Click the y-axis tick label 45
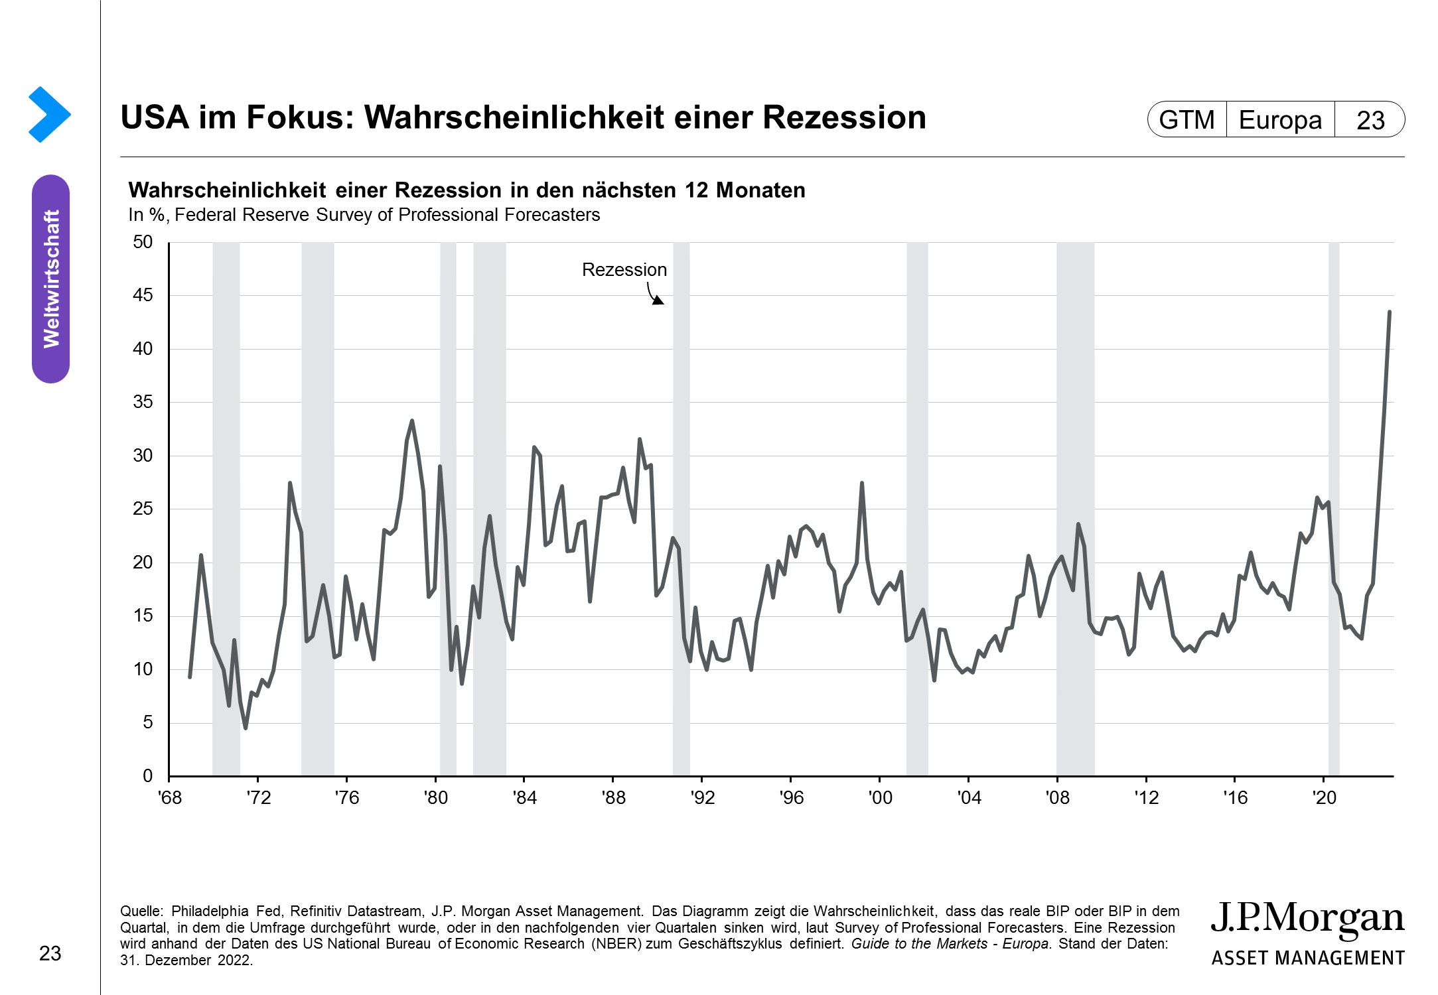pos(143,295)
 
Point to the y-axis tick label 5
pos(147,722)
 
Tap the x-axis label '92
pos(702,797)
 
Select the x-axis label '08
pos(1058,797)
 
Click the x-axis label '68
pos(169,797)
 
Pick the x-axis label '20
pos(1325,797)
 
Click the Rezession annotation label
pos(624,270)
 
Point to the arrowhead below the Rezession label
pos(658,300)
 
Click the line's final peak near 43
pos(1389,312)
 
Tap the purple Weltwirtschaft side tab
pos(51,279)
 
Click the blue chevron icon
pos(49,114)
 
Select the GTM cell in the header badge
pos(1186,120)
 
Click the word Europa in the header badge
pos(1280,120)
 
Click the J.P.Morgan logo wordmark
pos(1307,919)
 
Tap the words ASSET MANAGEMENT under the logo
pos(1308,958)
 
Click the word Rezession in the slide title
pos(843,117)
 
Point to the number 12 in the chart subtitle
pos(697,190)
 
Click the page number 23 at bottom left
pos(50,953)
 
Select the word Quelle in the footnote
pos(141,911)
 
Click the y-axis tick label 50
pos(143,242)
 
